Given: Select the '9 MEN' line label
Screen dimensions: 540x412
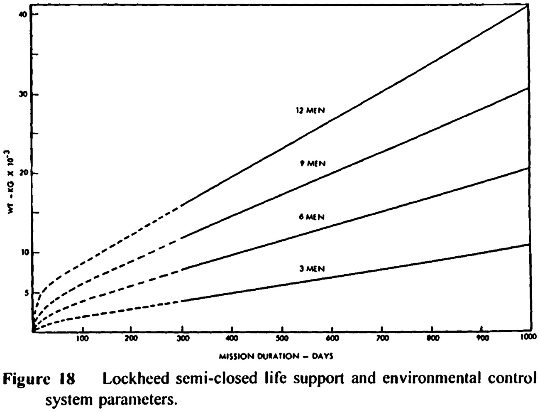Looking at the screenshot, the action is [x=313, y=163].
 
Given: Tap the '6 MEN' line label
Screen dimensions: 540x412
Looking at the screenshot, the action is [x=312, y=217].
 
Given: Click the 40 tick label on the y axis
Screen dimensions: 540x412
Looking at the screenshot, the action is [x=23, y=15].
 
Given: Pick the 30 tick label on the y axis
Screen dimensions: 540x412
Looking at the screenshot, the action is [x=23, y=95].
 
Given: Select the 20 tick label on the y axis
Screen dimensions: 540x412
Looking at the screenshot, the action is [x=23, y=174].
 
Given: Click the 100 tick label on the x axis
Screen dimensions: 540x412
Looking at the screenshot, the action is [x=82, y=338].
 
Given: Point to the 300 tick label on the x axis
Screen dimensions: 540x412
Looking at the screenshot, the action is [x=183, y=338].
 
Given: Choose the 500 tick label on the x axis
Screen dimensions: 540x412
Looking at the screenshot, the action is [x=282, y=338].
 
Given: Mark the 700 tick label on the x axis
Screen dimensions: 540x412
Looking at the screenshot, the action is [x=382, y=338].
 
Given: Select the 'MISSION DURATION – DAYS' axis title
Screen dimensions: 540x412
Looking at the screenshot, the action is [x=276, y=356].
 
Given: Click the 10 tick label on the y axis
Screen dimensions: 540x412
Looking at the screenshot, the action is [x=23, y=253].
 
